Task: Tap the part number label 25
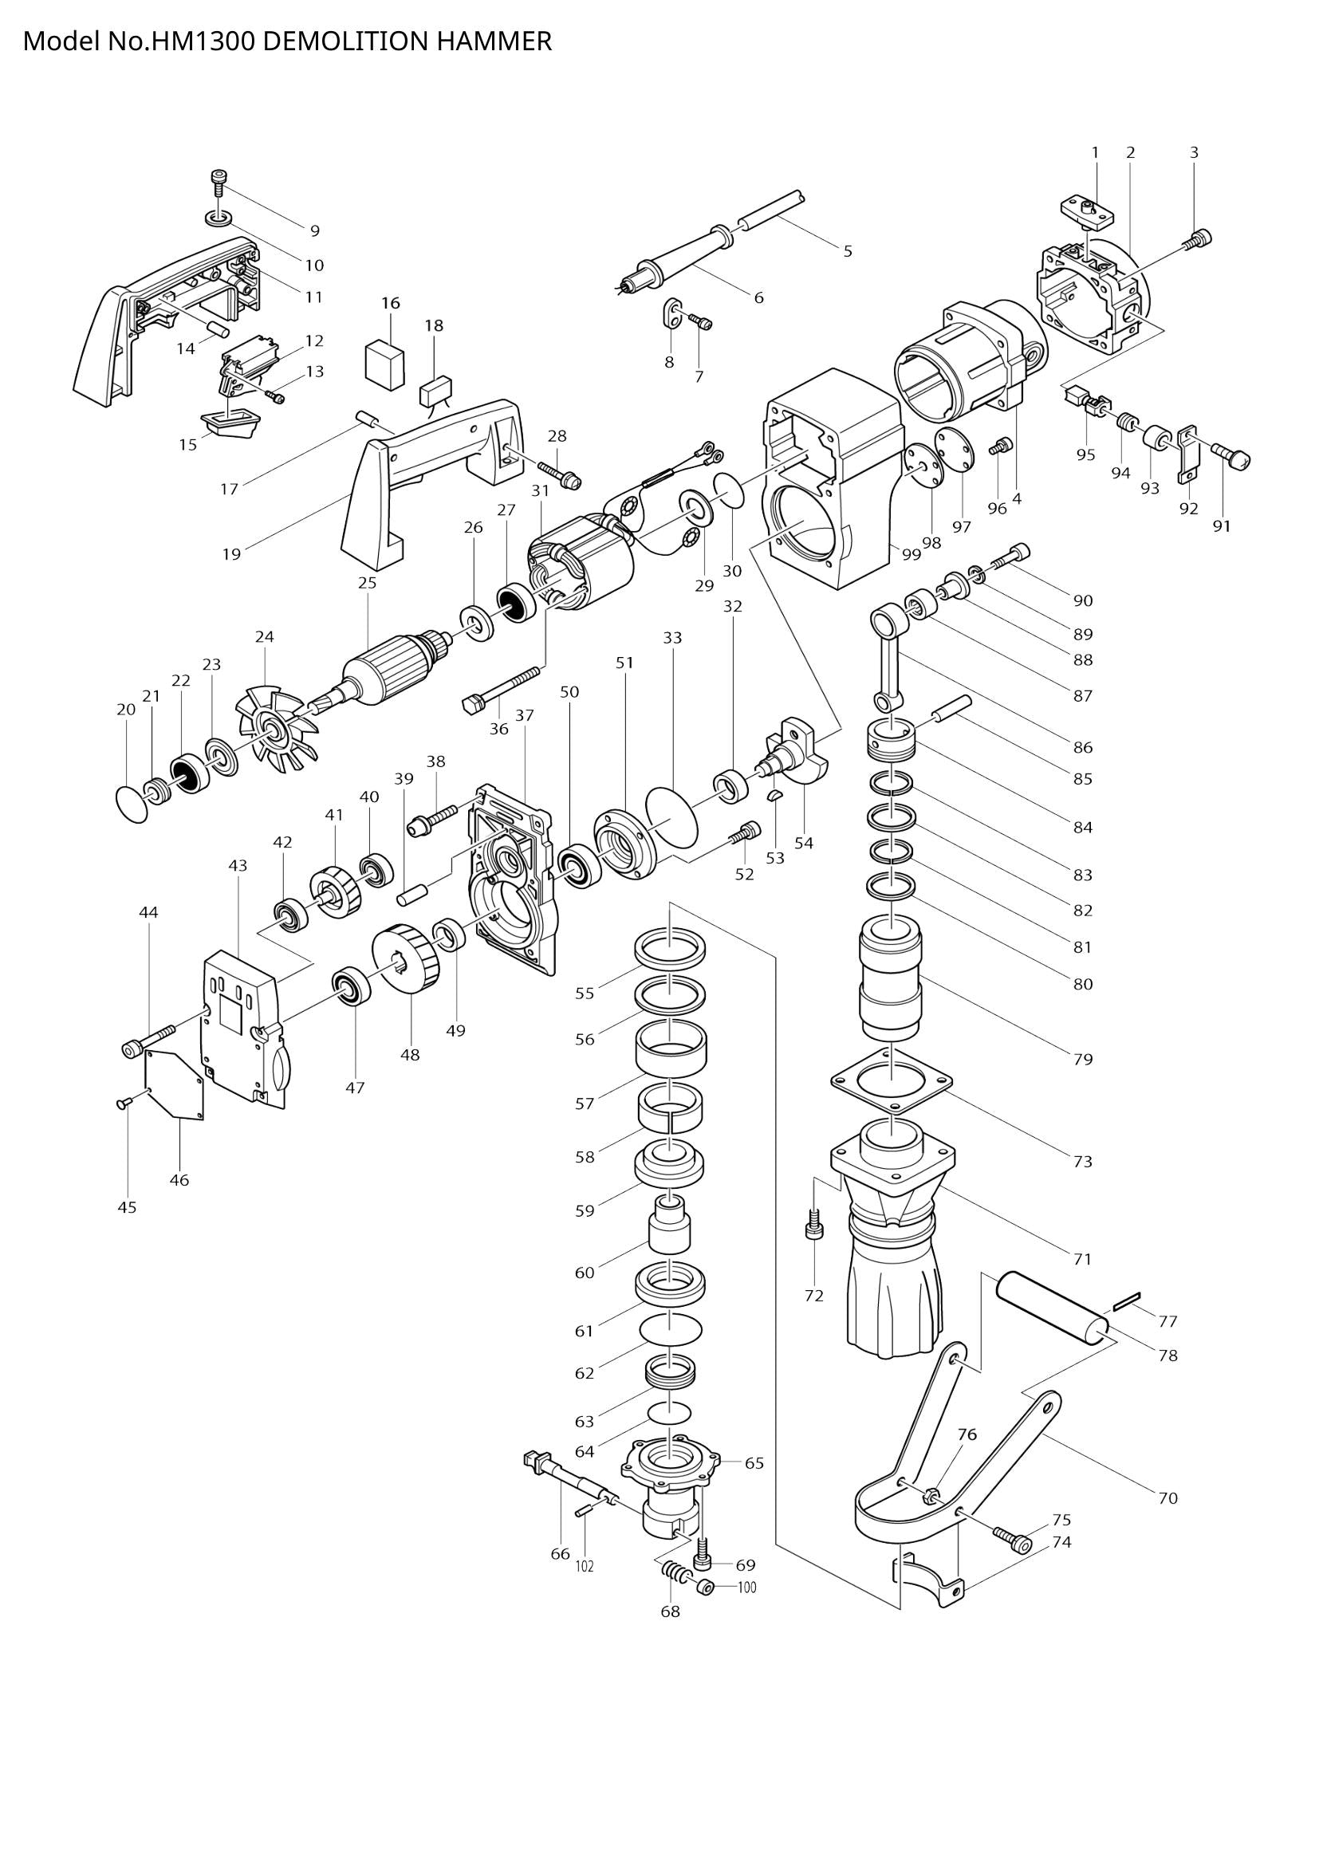coord(367,582)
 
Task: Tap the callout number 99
coord(911,554)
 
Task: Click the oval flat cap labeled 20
coord(132,804)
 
